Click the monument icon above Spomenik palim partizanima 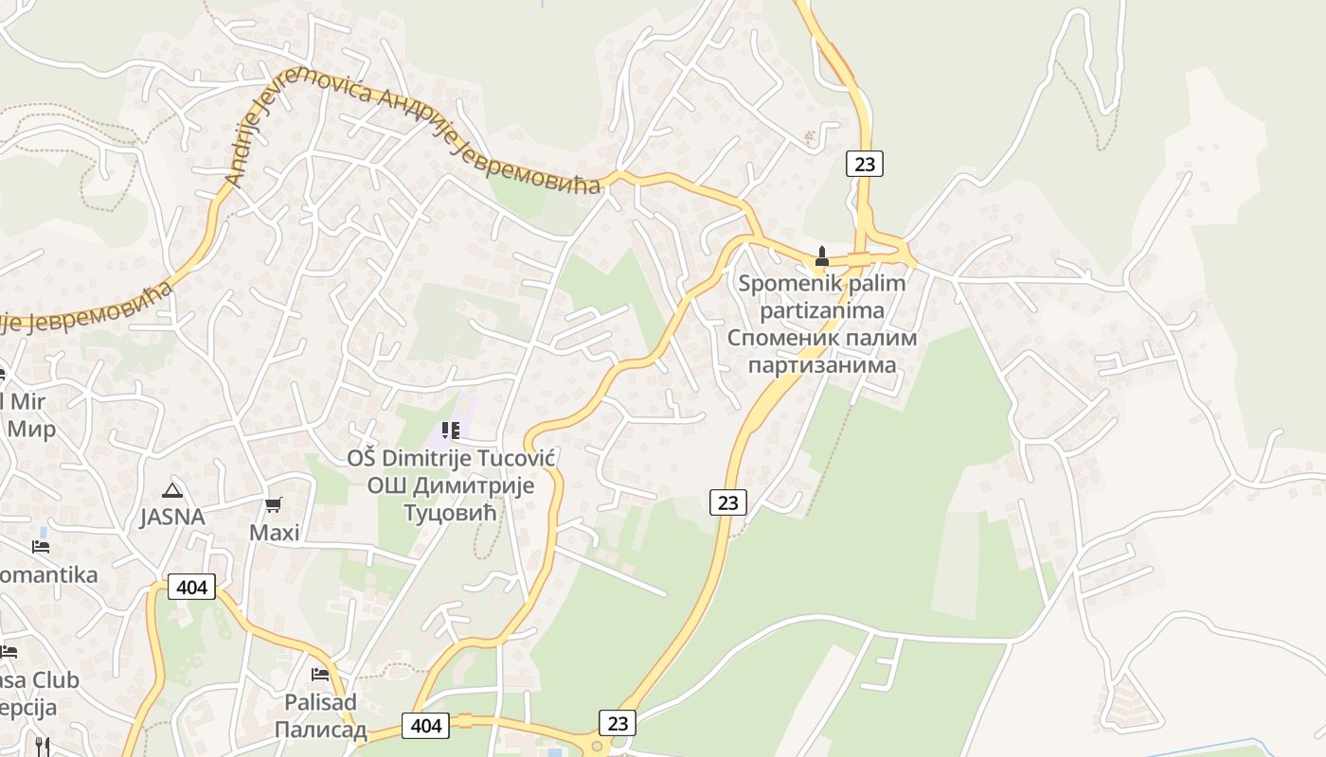[821, 255]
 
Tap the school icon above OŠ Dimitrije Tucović [451, 431]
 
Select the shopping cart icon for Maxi [274, 505]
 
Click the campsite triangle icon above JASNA [171, 490]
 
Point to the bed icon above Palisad [320, 675]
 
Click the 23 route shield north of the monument [864, 164]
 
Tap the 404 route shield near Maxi [191, 587]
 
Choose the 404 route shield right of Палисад [426, 726]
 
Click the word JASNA [172, 518]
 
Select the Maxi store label [275, 533]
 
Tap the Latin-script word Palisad [321, 702]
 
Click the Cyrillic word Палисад [321, 730]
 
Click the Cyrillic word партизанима [822, 365]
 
